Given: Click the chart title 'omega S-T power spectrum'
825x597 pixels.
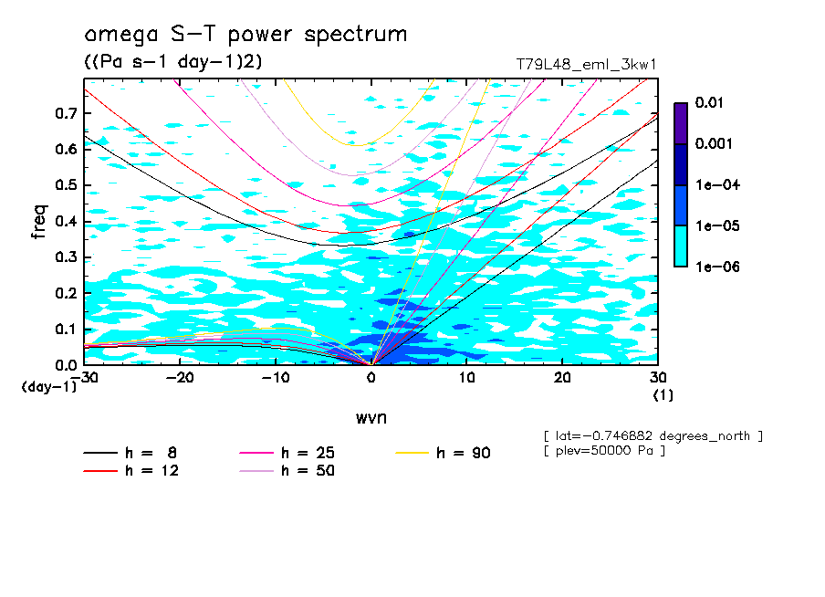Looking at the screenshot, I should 245,35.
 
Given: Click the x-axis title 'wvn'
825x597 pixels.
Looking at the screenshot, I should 371,417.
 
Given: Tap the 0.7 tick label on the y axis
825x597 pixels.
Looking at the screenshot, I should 66,113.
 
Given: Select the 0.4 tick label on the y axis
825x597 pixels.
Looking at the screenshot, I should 66,221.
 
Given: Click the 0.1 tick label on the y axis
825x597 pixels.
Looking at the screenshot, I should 66,329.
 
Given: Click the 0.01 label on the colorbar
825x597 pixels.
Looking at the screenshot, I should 708,103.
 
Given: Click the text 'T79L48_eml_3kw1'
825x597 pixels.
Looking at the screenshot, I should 587,64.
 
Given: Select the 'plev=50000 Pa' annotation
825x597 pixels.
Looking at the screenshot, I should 604,451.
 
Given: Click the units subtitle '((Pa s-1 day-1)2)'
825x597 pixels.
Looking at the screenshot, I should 172,61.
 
